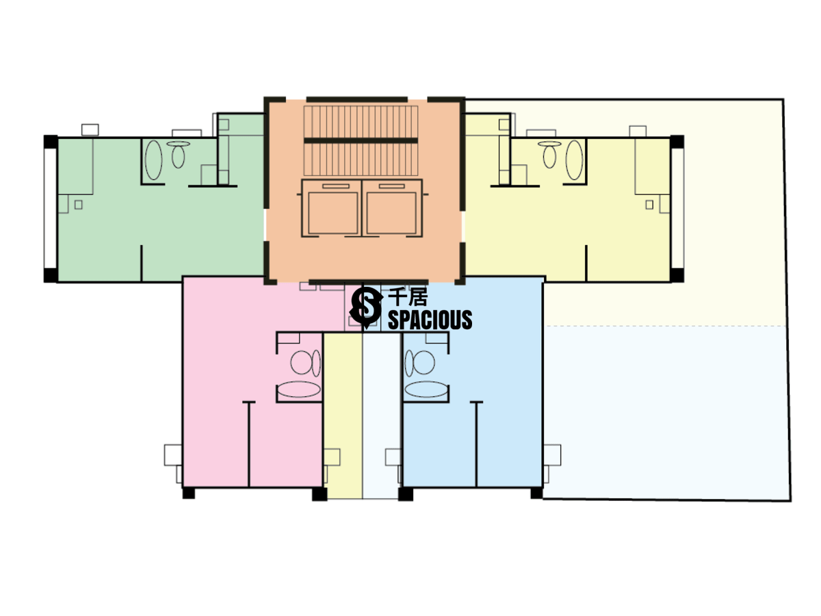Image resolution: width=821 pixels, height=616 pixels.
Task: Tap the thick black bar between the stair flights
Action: [x=361, y=140]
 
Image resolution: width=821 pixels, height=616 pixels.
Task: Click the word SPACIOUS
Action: [x=430, y=320]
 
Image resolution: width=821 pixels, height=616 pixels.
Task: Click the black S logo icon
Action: [x=365, y=307]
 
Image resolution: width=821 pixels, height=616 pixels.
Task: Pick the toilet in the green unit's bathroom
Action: [x=179, y=155]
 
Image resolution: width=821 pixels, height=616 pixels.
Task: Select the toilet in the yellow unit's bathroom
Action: [x=549, y=155]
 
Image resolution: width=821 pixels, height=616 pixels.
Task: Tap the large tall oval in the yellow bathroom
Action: [x=575, y=160]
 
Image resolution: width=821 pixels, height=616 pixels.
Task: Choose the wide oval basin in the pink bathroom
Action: [x=299, y=391]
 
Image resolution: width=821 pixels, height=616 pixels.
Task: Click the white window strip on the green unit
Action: [x=50, y=209]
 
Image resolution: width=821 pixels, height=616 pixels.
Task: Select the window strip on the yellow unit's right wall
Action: [x=677, y=209]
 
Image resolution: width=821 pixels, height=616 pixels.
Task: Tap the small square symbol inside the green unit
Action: [x=78, y=204]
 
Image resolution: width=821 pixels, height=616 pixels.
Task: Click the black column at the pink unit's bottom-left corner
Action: [x=188, y=492]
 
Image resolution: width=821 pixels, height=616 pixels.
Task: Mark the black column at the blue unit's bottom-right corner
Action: [x=536, y=492]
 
